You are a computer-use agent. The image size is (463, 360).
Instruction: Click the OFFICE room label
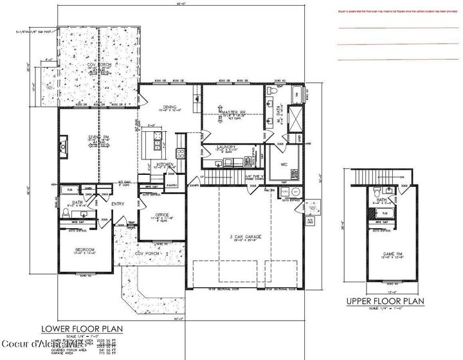coord(161,215)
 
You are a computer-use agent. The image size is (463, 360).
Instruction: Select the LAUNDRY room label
coord(228,147)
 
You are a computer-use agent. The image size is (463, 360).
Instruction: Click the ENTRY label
coord(117,204)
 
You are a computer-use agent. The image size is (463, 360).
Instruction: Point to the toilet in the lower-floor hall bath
coord(66,212)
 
